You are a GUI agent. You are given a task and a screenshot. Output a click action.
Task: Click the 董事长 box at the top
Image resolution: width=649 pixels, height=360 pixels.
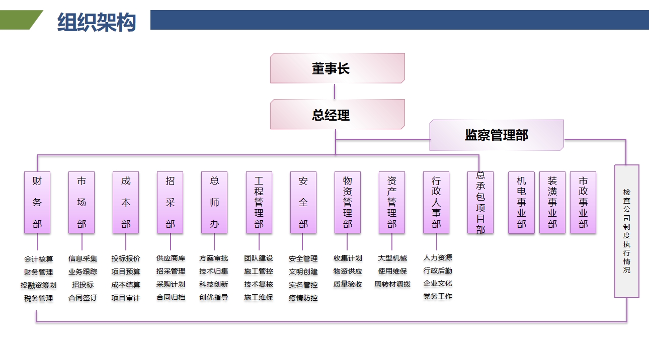tap(337, 68)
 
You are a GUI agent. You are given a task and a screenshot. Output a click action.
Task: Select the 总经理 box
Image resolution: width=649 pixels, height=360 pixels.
tap(337, 115)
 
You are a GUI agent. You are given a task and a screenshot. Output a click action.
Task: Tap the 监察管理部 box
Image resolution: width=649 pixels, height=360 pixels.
tap(496, 135)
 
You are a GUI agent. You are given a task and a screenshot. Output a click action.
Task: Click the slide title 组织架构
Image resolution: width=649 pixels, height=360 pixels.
tap(97, 23)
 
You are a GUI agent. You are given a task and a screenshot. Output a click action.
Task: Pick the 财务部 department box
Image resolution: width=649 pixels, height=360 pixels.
tap(37, 203)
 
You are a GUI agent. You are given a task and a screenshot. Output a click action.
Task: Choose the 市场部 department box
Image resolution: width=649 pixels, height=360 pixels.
tap(82, 203)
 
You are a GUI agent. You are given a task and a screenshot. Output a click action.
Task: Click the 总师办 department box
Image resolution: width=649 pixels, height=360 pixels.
tap(214, 203)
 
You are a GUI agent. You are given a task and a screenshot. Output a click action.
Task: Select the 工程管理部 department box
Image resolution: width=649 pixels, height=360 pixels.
tap(259, 203)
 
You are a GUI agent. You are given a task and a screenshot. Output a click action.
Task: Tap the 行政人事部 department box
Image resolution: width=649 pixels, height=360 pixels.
tap(436, 203)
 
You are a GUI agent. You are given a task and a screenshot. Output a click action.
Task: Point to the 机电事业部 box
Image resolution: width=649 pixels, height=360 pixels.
tap(521, 203)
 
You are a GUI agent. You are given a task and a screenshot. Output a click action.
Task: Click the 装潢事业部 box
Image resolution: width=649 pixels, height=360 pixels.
tap(552, 203)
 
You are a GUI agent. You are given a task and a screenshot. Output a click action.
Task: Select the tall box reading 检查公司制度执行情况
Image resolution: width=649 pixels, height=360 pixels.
tap(626, 231)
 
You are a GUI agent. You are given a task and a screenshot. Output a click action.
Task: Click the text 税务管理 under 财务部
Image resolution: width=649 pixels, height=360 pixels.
tap(38, 298)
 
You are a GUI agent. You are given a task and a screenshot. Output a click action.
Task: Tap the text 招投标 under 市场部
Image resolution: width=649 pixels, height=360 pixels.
tap(83, 285)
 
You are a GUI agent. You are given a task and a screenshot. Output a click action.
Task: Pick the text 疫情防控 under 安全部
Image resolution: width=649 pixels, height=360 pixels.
tap(303, 298)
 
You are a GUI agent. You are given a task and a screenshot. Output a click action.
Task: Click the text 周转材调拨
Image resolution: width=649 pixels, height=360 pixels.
tap(392, 284)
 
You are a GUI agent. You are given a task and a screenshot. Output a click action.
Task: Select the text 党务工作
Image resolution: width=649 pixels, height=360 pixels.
tap(437, 296)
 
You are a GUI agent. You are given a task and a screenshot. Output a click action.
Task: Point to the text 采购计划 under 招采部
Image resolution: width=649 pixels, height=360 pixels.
tap(171, 284)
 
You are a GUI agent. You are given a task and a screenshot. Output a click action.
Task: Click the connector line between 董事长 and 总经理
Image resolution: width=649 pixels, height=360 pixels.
tap(335, 91)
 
